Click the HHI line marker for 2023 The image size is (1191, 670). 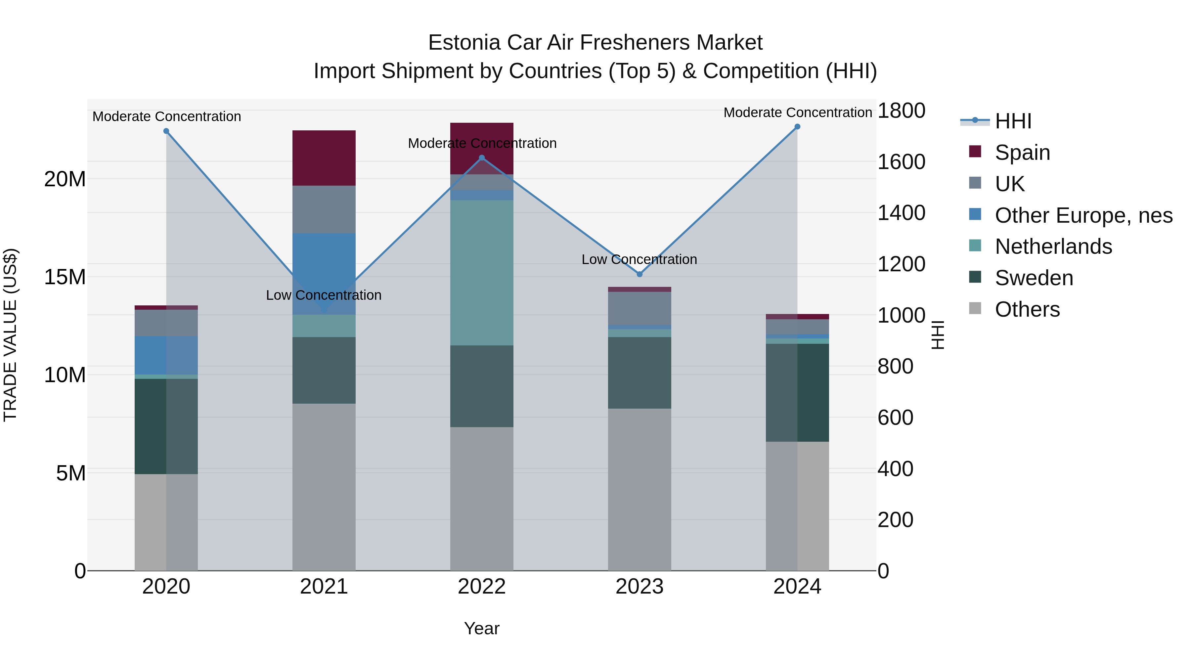tap(640, 274)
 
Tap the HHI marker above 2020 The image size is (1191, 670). tap(166, 131)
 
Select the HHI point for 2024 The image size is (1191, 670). tap(797, 127)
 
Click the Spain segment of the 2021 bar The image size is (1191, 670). tap(324, 158)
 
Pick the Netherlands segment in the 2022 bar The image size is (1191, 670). tap(481, 273)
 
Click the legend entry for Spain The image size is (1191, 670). tap(1022, 153)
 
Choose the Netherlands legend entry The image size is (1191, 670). tap(1053, 246)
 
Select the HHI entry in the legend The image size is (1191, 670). tap(1013, 121)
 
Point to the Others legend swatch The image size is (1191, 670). tap(975, 308)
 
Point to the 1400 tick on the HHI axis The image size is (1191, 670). tap(901, 213)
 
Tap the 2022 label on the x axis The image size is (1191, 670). tap(481, 587)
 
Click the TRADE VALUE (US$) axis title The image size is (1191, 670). tap(10, 335)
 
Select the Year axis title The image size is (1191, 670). tap(481, 628)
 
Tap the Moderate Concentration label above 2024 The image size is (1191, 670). tap(797, 112)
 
